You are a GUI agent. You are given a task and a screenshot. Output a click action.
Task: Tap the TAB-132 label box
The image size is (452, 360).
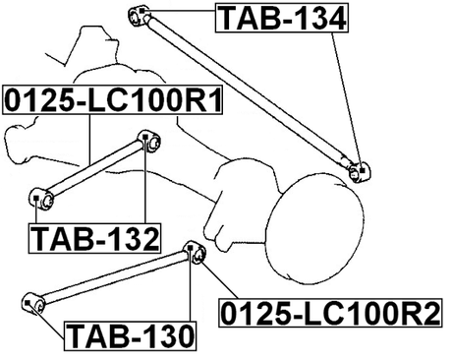pyautogui.click(x=94, y=237)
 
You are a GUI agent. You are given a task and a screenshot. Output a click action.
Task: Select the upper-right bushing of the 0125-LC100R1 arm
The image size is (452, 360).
pyautogui.click(x=149, y=140)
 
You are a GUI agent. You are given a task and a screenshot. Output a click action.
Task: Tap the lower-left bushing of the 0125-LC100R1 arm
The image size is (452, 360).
pyautogui.click(x=39, y=195)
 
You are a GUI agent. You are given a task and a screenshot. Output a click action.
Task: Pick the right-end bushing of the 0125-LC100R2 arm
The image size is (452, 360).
pyautogui.click(x=195, y=254)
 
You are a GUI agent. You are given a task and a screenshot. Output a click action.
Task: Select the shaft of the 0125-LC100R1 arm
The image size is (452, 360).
pyautogui.click(x=95, y=166)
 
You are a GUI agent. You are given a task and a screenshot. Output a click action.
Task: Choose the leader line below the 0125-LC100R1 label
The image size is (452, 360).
pyautogui.click(x=90, y=139)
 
